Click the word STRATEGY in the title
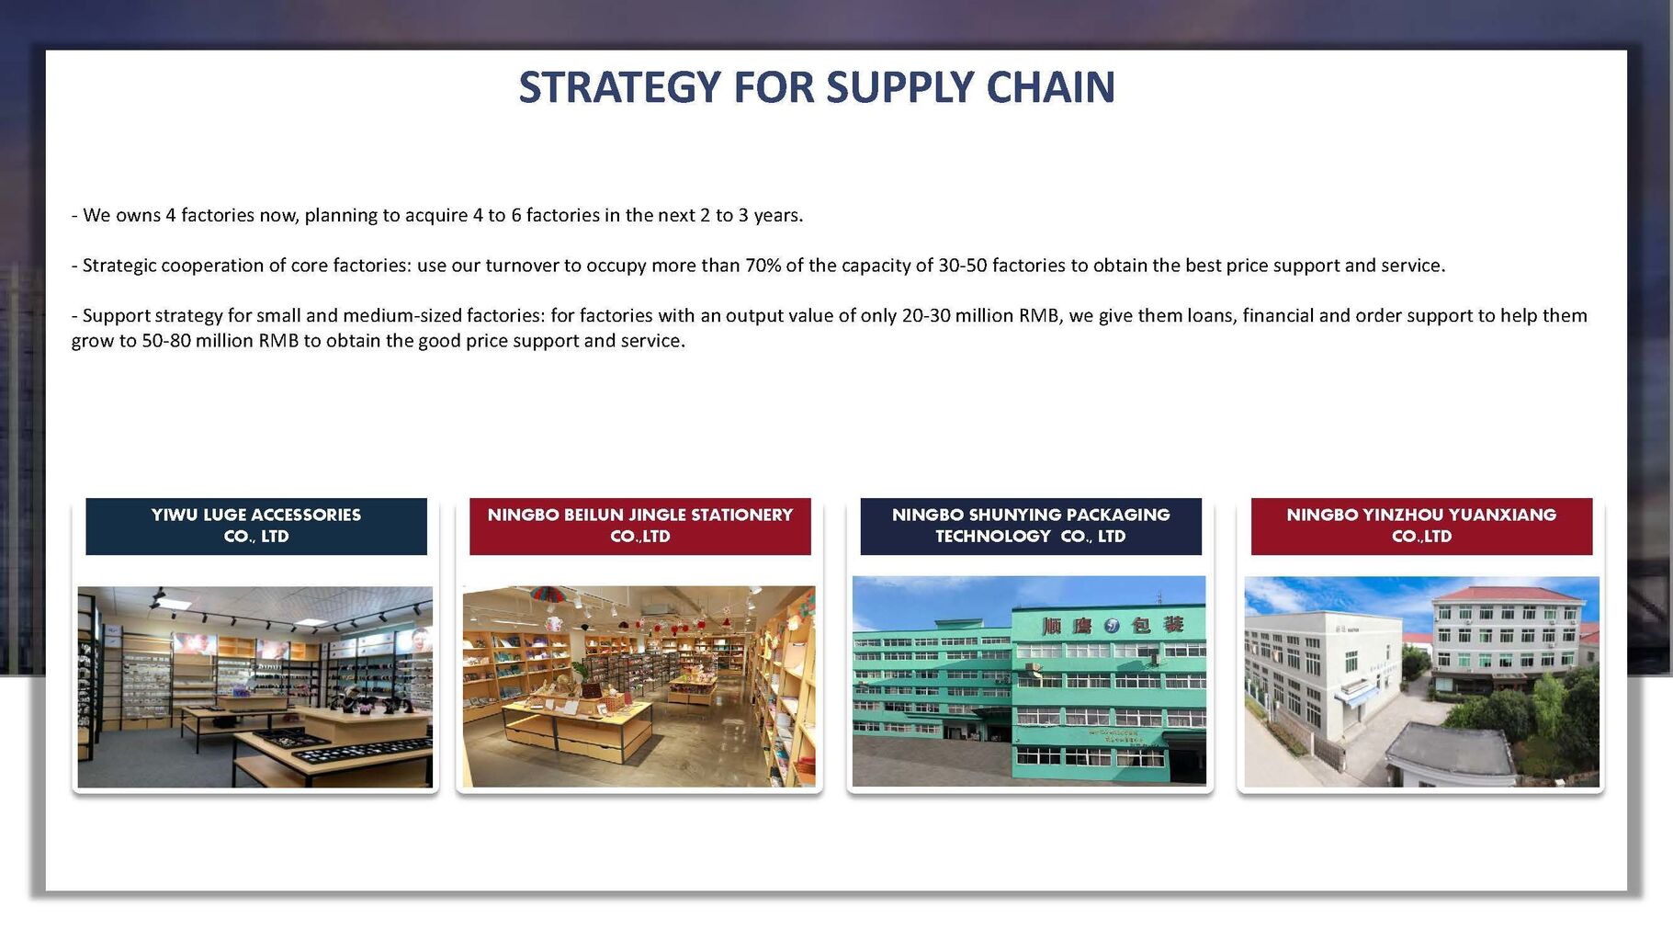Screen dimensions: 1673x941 coord(620,87)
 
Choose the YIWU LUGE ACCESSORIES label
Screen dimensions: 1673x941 coord(256,526)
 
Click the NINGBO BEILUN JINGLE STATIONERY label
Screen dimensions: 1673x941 coord(640,526)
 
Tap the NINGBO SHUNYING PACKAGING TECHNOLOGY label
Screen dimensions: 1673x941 coord(1031,526)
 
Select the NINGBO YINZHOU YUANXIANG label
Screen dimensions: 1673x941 coord(1421,526)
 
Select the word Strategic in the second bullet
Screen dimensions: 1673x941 coord(119,266)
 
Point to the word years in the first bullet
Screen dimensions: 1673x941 coord(778,215)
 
